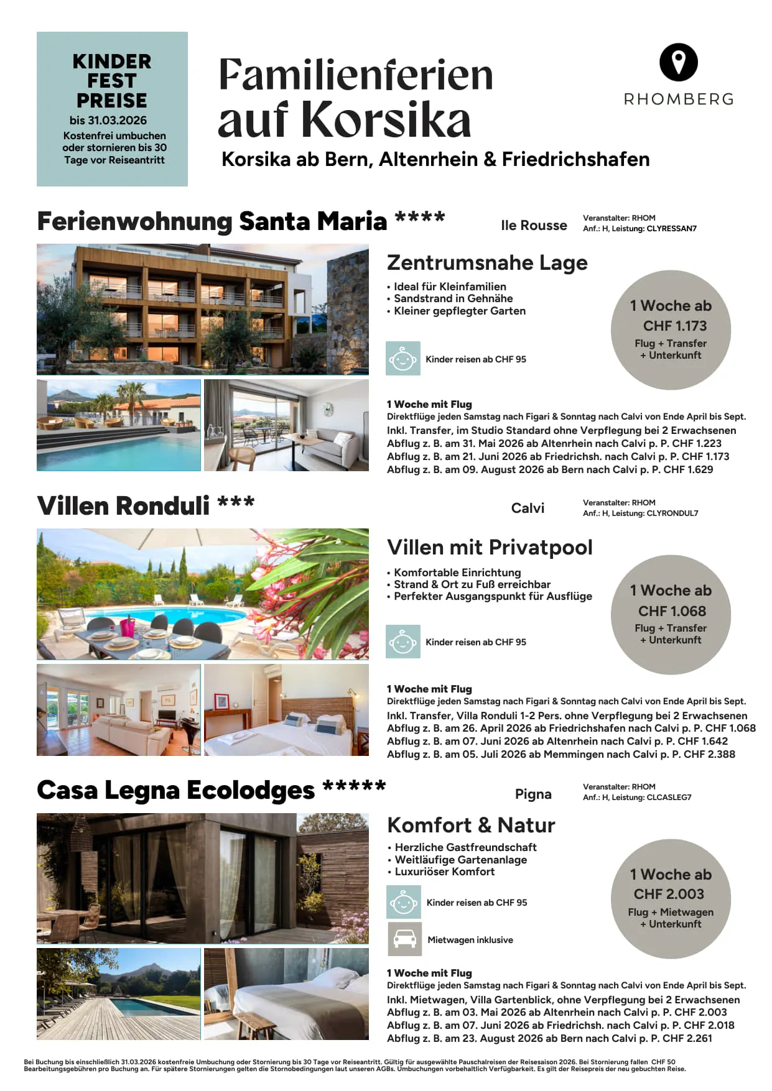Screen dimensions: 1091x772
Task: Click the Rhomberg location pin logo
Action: pos(678,62)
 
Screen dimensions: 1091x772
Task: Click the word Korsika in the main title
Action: pos(388,119)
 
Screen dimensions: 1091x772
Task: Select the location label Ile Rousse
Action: pos(534,225)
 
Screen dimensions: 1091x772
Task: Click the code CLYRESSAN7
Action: pos(671,229)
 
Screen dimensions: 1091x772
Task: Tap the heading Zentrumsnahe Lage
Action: pos(486,262)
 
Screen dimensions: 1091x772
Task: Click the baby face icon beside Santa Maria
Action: pos(402,359)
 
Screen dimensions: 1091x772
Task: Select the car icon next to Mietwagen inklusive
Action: pos(404,939)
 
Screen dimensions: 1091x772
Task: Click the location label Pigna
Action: pos(533,794)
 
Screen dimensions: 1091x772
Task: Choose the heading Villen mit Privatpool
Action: pos(490,547)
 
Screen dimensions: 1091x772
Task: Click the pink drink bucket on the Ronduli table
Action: pos(128,627)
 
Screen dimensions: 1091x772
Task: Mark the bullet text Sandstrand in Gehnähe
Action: pos(453,298)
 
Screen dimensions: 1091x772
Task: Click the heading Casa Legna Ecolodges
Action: pos(175,790)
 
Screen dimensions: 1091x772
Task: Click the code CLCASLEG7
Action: pos(669,798)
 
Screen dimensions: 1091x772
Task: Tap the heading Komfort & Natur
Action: pos(471,825)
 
